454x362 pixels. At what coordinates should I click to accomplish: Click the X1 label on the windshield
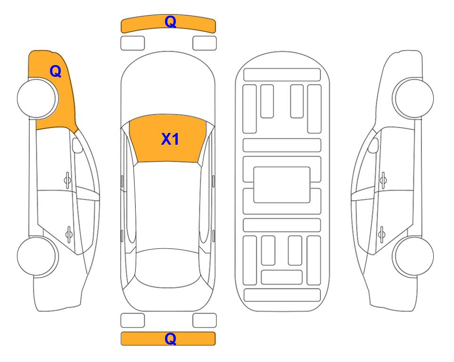170,139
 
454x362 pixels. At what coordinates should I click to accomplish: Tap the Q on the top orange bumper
170,22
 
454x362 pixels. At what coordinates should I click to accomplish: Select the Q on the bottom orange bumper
170,338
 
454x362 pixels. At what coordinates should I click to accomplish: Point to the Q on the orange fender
56,71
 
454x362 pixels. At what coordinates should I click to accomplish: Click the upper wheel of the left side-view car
38,99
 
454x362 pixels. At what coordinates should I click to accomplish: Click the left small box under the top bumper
132,43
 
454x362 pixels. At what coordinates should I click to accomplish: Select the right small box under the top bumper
205,43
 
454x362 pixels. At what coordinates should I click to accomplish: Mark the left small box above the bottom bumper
132,321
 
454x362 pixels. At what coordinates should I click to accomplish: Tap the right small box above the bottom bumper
205,321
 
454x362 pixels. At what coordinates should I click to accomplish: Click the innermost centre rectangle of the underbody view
282,184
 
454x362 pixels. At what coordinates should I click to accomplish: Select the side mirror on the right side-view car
373,146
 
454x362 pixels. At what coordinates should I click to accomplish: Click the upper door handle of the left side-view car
67,179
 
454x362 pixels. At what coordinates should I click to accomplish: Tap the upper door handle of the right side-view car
383,179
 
